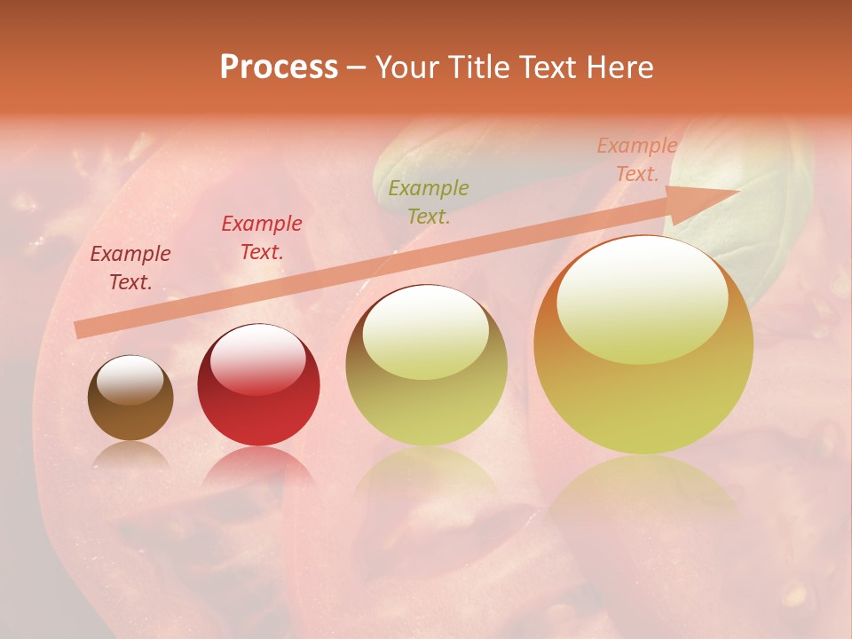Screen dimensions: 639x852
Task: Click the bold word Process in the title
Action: [279, 67]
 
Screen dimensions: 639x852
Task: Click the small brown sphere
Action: [130, 399]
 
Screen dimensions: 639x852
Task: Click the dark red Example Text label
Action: [130, 268]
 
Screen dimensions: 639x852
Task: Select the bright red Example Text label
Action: [261, 238]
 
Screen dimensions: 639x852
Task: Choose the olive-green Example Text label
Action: [429, 202]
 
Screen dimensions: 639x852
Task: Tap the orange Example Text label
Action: [636, 160]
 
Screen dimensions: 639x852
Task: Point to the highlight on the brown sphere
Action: [130, 379]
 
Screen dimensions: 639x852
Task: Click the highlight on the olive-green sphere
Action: [426, 330]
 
